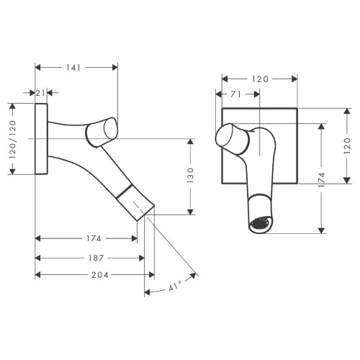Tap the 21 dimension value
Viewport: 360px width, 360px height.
coord(41,93)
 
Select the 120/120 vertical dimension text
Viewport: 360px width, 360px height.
coord(13,138)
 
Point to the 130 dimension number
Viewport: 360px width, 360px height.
coord(191,176)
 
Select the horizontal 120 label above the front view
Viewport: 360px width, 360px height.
coord(260,77)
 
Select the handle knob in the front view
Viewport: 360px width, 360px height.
coord(232,136)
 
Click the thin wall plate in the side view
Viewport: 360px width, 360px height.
coord(41,138)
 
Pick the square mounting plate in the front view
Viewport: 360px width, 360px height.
coord(281,122)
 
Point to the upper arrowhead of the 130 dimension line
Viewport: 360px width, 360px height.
coord(191,140)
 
